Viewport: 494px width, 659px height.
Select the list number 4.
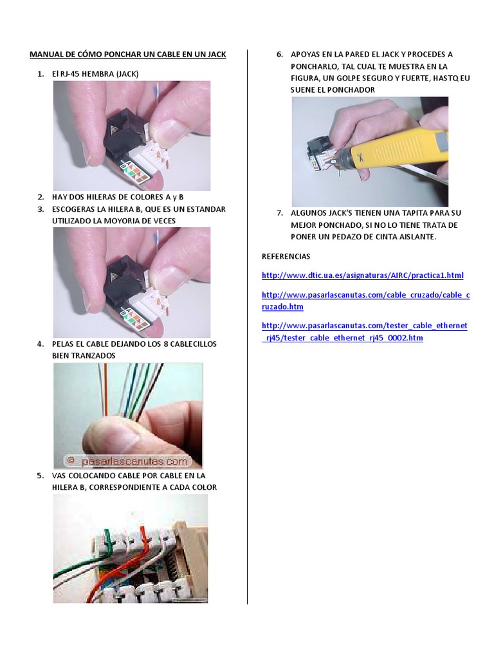[x=41, y=344]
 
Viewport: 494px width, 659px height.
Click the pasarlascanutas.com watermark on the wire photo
[x=129, y=461]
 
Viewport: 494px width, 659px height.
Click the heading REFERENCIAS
[x=286, y=256]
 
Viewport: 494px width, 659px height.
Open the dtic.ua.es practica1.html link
[x=363, y=275]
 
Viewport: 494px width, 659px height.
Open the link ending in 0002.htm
[x=364, y=331]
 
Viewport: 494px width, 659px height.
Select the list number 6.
[x=280, y=55]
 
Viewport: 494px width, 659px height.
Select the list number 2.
[x=41, y=197]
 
